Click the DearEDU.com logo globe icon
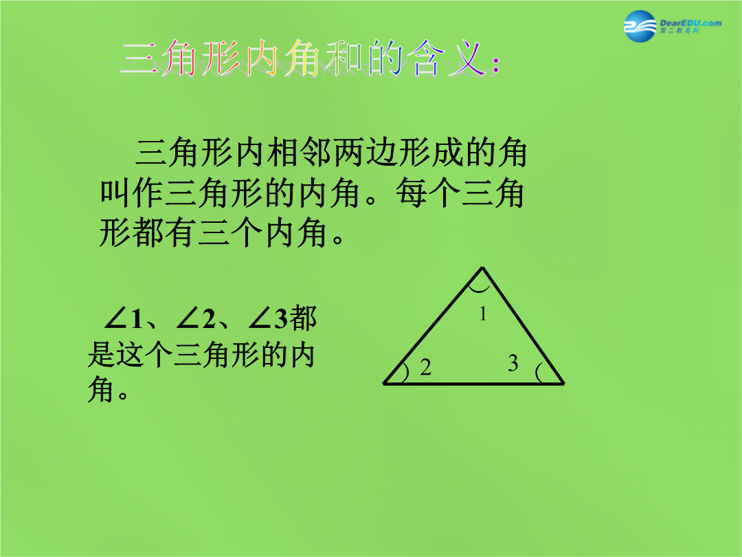click(x=640, y=26)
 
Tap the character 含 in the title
click(x=425, y=58)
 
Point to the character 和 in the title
click(x=344, y=58)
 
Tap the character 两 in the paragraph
click(x=350, y=153)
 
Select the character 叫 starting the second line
click(x=115, y=193)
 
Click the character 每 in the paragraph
click(x=412, y=193)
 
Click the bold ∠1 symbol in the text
click(x=124, y=318)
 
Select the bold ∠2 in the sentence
click(x=195, y=318)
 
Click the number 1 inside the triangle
click(x=483, y=314)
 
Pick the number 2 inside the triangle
click(x=425, y=367)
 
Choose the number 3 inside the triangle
click(x=513, y=363)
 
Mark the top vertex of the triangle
click(x=482, y=268)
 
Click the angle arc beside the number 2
click(x=406, y=372)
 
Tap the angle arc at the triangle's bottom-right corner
click(x=538, y=372)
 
